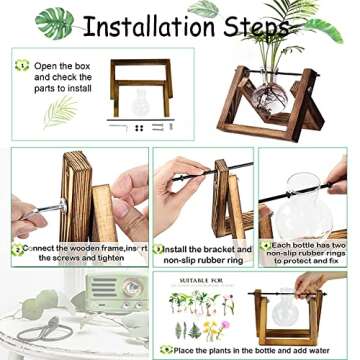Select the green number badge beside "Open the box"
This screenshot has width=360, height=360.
tap(21, 66)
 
